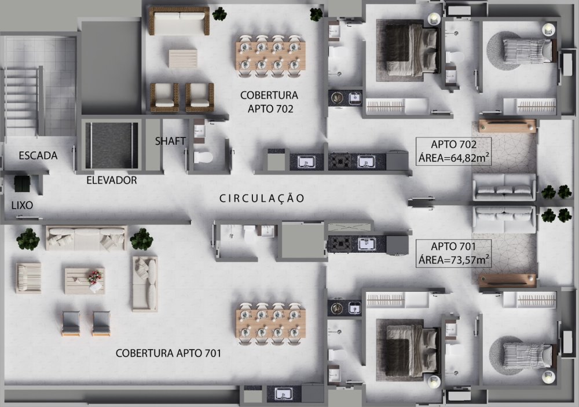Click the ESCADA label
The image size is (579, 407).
[x=38, y=155]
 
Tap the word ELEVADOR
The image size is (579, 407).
[x=112, y=180]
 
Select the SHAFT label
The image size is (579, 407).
[x=170, y=141]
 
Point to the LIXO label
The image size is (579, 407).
[x=22, y=206]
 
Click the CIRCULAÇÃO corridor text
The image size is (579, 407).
[x=262, y=198]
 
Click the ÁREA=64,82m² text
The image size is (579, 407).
[x=454, y=158]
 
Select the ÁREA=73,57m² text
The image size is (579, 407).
[x=454, y=260]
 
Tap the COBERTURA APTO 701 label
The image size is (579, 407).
[x=168, y=354]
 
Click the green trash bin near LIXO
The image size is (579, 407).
[x=22, y=184]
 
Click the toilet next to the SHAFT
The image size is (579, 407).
[x=203, y=158]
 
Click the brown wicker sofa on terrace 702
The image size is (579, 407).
[x=179, y=21]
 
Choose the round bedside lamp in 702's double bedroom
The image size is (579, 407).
[x=434, y=19]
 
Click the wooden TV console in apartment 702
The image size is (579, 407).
[x=507, y=126]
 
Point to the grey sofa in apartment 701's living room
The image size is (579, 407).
[x=504, y=219]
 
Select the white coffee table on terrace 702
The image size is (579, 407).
[x=183, y=59]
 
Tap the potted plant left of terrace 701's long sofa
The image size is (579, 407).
[x=28, y=239]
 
